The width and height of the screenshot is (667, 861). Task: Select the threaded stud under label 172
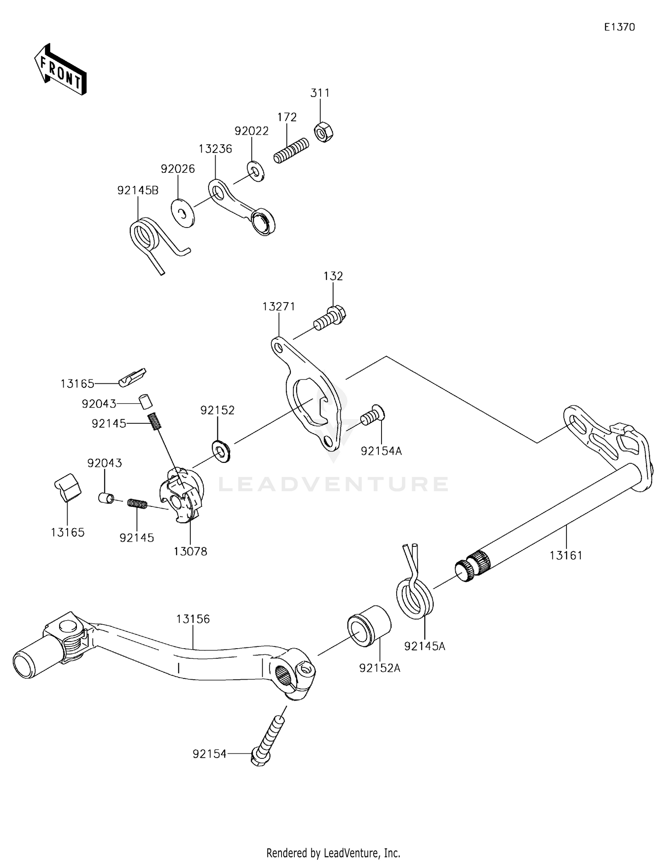pos(291,151)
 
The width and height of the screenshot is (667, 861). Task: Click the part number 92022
pos(252,131)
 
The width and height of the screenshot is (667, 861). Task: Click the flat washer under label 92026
pos(183,214)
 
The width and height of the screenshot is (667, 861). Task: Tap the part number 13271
pos(279,306)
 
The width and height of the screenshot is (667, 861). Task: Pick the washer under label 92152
pos(220,451)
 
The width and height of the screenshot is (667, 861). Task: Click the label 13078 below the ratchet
pos(190,551)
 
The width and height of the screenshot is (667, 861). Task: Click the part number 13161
pos(566,555)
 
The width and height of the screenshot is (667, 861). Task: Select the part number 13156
pos(193,619)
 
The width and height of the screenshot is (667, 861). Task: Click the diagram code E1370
pos(619,27)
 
